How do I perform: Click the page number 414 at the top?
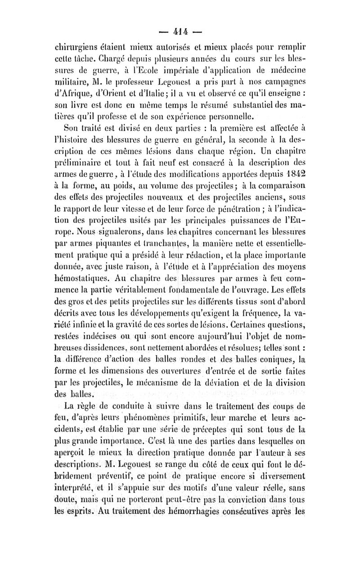[180, 32]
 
